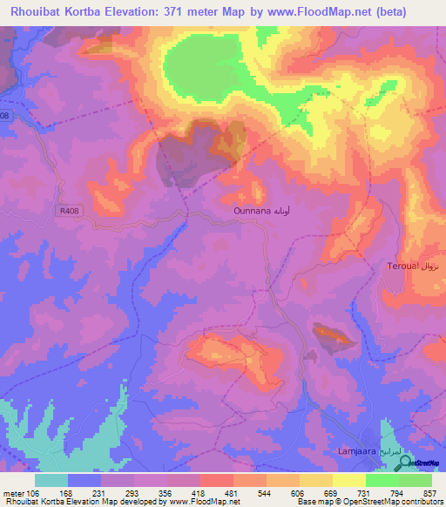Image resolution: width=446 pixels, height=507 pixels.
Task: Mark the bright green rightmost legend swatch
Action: (x=415, y=481)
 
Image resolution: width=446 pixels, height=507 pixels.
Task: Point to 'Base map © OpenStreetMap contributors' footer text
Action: (x=367, y=502)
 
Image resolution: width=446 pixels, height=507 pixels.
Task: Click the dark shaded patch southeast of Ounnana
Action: (x=334, y=336)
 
